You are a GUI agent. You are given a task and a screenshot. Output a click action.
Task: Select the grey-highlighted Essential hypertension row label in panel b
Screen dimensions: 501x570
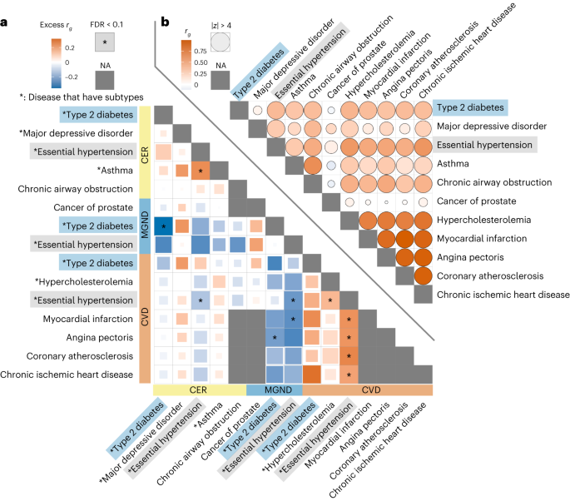tap(480, 146)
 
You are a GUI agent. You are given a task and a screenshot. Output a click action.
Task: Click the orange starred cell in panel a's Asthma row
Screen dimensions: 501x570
tap(201, 171)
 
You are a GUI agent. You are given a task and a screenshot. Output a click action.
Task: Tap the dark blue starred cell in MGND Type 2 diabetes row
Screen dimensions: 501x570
tap(164, 226)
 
